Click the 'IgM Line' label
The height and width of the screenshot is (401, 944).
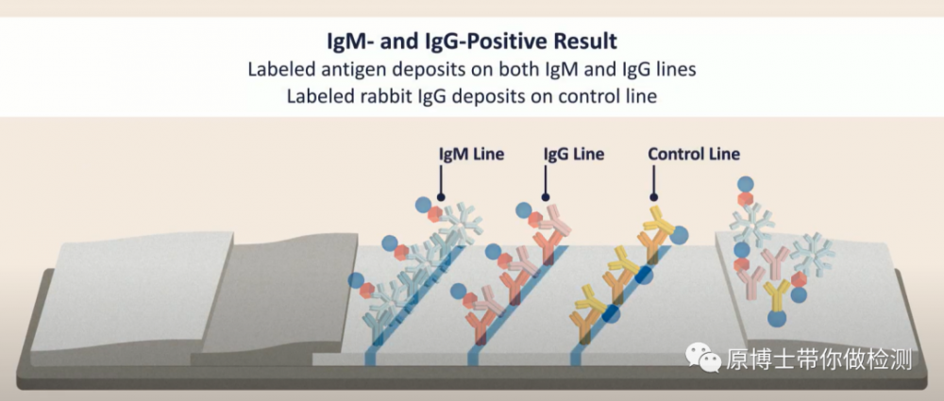click(x=471, y=154)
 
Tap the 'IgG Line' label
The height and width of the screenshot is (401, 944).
click(x=574, y=154)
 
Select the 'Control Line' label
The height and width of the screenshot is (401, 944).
click(x=694, y=154)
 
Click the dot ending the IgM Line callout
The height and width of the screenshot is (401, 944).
click(x=441, y=197)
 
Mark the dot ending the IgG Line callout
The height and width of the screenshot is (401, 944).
click(x=546, y=197)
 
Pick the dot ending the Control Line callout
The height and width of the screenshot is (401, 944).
click(x=654, y=197)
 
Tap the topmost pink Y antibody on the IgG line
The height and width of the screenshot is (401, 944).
click(x=555, y=221)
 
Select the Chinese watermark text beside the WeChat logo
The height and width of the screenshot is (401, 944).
click(x=818, y=359)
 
